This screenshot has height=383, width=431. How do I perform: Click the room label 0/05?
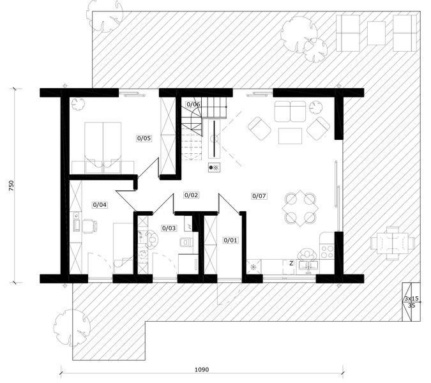(x=144, y=138)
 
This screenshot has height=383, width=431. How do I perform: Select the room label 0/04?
(x=100, y=205)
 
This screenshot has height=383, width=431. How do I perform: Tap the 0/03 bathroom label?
(x=169, y=228)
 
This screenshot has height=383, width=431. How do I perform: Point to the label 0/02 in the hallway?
(x=191, y=195)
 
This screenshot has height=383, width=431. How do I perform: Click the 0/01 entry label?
(x=231, y=240)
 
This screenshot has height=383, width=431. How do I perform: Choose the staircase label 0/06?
(x=193, y=105)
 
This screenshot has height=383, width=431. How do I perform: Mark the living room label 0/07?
(x=259, y=196)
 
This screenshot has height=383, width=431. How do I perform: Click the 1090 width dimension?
(x=202, y=370)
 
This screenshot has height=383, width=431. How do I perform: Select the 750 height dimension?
(x=11, y=186)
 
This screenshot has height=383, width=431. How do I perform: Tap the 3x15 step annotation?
(x=411, y=298)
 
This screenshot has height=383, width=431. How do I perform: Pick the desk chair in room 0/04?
(x=89, y=226)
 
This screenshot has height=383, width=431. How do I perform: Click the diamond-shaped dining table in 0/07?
(x=300, y=208)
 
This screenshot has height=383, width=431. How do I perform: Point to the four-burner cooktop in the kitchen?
(x=327, y=252)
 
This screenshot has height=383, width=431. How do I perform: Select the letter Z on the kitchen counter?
(x=291, y=263)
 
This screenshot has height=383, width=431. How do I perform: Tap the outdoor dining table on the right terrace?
(x=393, y=243)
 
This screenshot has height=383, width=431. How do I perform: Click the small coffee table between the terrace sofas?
(x=376, y=33)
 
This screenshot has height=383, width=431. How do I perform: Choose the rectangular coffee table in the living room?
(x=290, y=136)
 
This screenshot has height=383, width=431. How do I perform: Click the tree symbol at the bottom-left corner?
(x=72, y=327)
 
